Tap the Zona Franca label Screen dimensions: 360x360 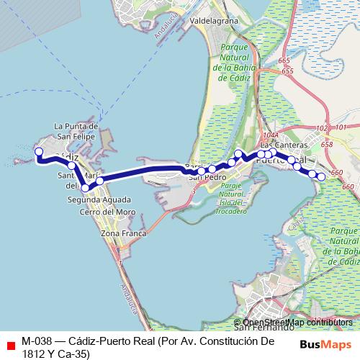coord(124,233)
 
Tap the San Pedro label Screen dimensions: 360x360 coord(207,176)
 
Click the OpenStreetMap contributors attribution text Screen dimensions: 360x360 coord(297,323)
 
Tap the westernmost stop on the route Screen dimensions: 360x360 coord(39,152)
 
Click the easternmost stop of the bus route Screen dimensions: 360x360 coord(321,176)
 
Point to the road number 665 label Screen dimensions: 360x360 coord(283,61)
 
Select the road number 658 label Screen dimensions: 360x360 coord(327,145)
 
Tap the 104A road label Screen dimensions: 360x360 coord(271,135)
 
